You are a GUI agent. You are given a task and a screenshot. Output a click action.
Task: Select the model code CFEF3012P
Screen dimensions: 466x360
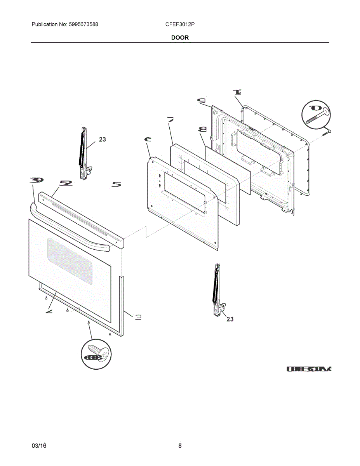click(x=180, y=24)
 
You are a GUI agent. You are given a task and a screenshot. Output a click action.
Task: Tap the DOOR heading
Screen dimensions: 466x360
click(x=180, y=38)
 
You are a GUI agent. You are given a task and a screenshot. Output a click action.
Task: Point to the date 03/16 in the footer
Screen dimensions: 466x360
click(x=39, y=446)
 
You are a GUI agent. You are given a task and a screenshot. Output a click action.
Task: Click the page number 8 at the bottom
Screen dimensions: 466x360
click(x=180, y=446)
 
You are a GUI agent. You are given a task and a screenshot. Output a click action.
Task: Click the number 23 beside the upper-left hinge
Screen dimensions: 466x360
click(x=102, y=139)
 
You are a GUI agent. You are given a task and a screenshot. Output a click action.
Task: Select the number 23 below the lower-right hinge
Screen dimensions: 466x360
click(x=230, y=319)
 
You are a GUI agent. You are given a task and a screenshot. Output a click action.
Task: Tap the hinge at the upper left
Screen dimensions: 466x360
click(x=84, y=153)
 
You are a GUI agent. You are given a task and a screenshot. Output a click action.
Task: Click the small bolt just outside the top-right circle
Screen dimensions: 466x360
click(x=327, y=132)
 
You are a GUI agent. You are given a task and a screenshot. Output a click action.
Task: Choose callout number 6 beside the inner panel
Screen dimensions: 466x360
click(x=147, y=140)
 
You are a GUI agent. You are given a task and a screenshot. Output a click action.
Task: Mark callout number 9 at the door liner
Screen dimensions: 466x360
click(x=201, y=101)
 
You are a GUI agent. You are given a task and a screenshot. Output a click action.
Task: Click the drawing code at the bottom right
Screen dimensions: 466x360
click(x=309, y=369)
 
